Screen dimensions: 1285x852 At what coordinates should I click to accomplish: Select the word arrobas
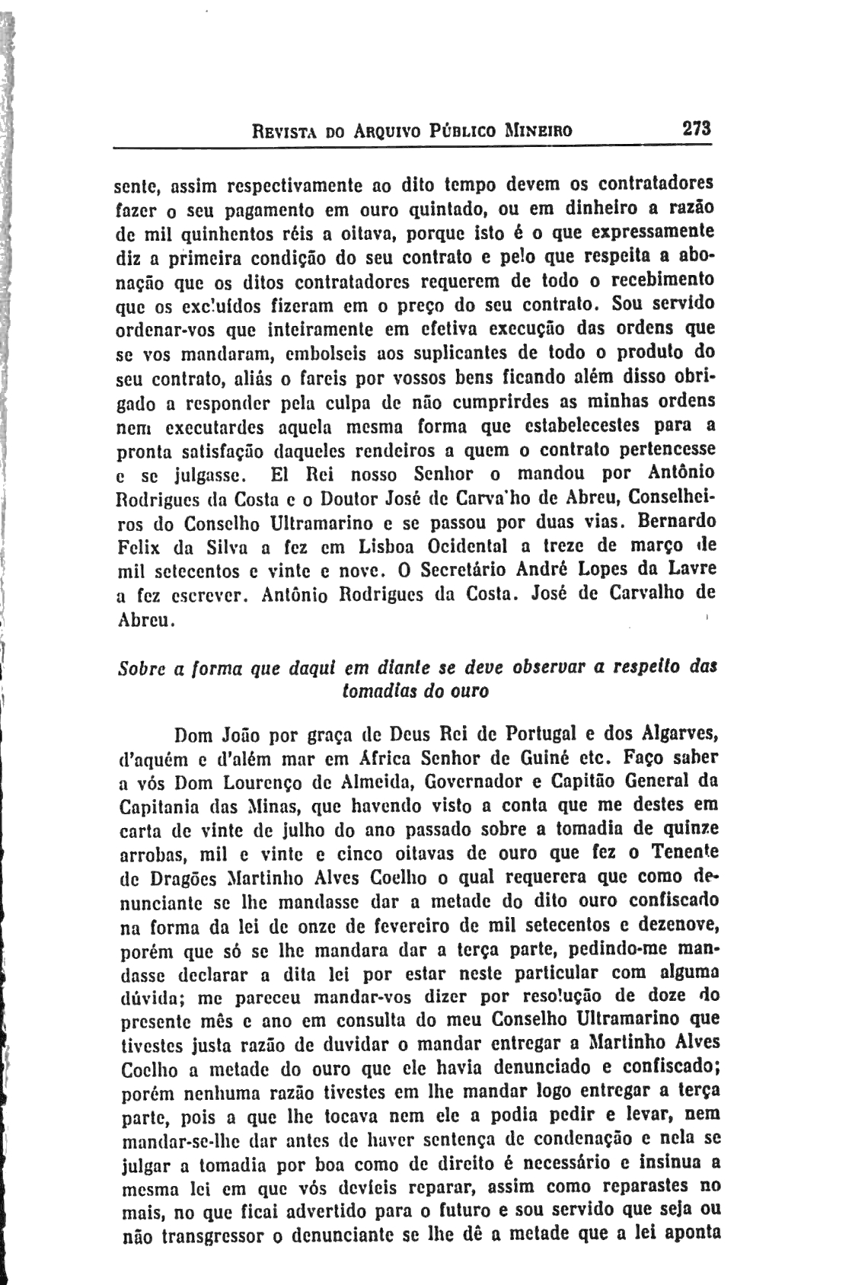point(151,854)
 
